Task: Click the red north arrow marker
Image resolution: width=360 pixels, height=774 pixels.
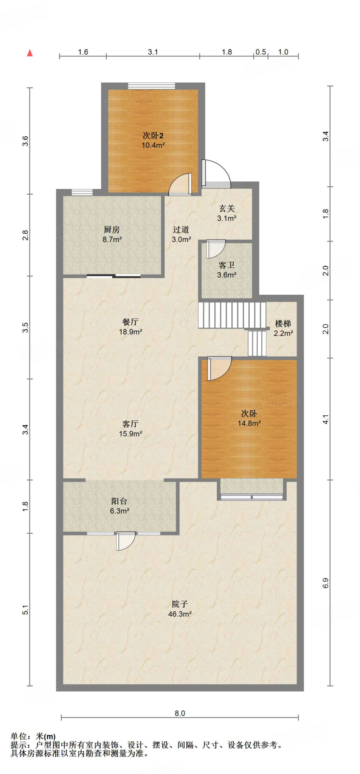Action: [30, 53]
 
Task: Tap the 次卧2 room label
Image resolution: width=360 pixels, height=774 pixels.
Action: [153, 135]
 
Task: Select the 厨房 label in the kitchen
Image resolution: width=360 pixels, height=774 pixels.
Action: [112, 229]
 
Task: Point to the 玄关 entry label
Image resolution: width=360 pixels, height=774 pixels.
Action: [227, 208]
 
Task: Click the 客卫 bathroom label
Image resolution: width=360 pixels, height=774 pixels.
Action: [227, 265]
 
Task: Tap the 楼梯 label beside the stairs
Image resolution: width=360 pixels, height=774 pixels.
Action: [283, 324]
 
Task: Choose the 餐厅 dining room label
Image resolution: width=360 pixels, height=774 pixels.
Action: [130, 322]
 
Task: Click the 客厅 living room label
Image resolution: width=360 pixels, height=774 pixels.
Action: [130, 424]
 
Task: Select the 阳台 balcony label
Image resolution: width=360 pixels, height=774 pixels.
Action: [119, 501]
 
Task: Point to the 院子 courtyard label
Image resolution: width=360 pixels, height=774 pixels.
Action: [180, 604]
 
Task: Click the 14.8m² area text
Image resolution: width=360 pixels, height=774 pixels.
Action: [249, 423]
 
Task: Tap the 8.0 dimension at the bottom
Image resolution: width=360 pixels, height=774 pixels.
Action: [180, 713]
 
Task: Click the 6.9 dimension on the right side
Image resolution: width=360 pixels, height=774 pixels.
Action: [326, 583]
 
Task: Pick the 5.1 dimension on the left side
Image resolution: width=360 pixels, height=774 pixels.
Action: [25, 610]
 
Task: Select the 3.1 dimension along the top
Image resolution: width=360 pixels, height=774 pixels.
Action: [153, 52]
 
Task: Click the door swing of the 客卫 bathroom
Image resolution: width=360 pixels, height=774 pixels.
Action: [216, 249]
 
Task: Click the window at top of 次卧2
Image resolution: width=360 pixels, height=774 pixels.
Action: [152, 86]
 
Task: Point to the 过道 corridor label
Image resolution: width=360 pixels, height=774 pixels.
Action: [181, 229]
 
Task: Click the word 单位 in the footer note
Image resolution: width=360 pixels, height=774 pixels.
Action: [19, 736]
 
